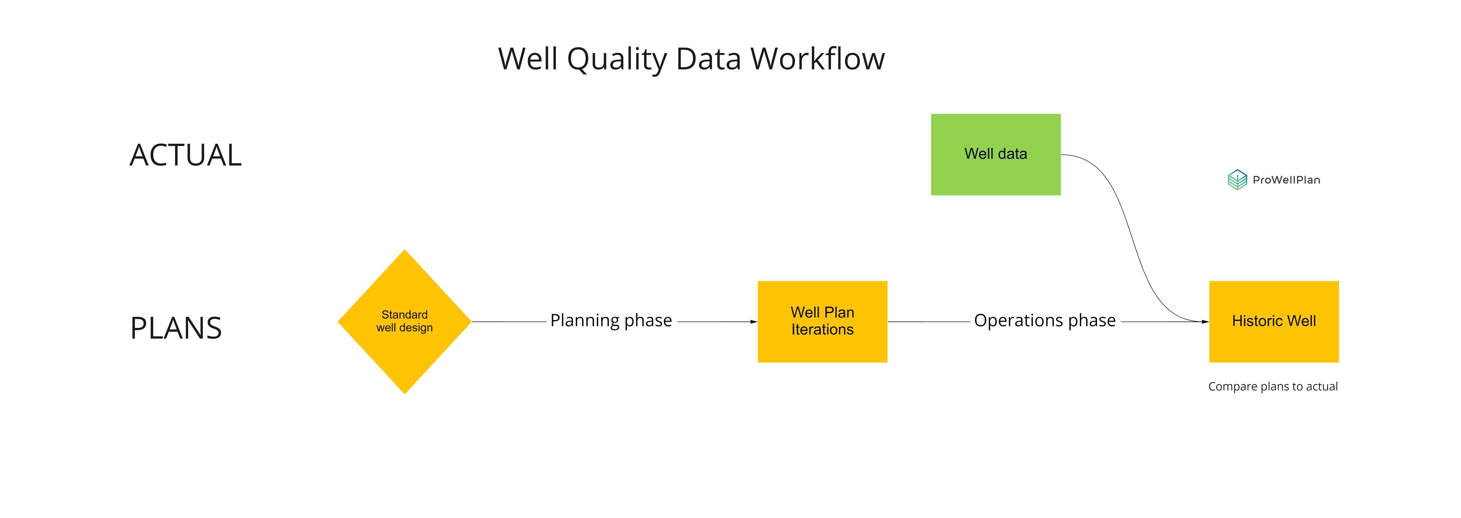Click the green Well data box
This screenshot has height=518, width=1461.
[995, 155]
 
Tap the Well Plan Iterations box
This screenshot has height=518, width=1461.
[822, 321]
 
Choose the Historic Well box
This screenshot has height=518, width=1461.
[1274, 321]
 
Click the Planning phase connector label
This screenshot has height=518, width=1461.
[611, 321]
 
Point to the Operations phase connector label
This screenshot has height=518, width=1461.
[1045, 321]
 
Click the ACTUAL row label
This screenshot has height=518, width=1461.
[186, 155]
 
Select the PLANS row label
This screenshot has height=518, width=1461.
[176, 328]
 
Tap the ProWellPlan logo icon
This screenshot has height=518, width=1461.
[1237, 180]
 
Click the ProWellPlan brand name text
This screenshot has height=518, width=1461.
[1286, 180]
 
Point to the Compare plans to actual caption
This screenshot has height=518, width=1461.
[1273, 386]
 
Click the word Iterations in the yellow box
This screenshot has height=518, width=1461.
[822, 330]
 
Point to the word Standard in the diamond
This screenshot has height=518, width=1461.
[404, 314]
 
